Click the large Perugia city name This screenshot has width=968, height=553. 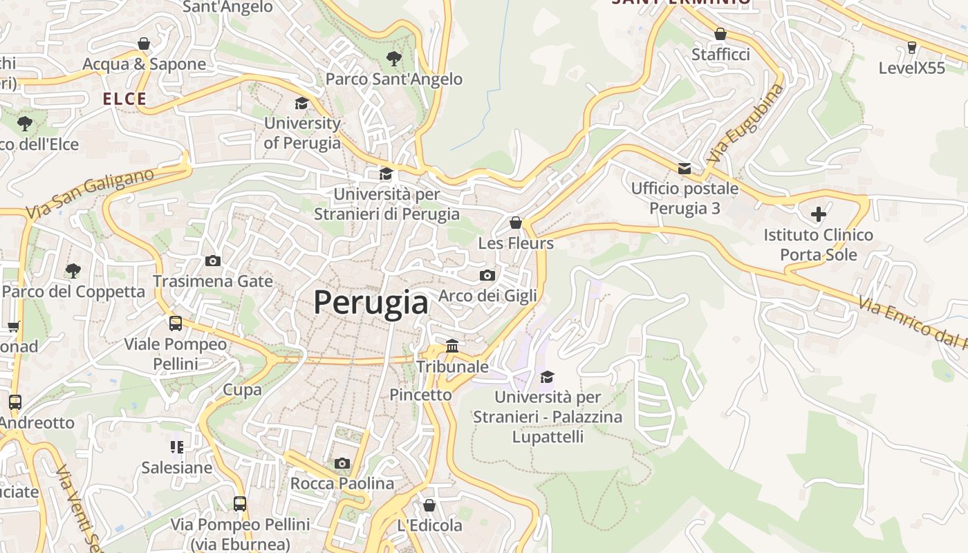[371, 303]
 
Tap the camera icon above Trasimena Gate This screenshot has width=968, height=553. [213, 261]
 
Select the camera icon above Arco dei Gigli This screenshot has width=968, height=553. [487, 275]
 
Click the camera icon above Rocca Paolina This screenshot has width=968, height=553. [342, 463]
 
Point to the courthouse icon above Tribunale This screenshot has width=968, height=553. [452, 346]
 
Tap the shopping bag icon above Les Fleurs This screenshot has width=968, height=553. [515, 223]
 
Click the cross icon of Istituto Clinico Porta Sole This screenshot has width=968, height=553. [818, 214]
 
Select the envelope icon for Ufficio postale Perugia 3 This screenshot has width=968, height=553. [684, 168]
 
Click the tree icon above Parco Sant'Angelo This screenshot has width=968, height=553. [394, 59]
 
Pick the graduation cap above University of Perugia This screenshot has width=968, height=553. [301, 103]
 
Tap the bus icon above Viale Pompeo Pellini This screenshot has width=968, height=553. [176, 323]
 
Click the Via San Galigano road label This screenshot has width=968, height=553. [90, 194]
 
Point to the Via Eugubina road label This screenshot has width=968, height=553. [746, 123]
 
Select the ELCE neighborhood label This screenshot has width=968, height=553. [125, 99]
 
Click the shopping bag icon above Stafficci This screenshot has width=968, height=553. [720, 34]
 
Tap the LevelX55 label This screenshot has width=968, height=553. [911, 68]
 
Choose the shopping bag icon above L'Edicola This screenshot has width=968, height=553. [429, 505]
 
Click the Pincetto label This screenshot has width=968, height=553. [420, 395]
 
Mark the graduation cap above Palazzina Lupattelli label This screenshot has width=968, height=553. [547, 377]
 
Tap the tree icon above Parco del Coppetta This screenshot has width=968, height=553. [73, 270]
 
